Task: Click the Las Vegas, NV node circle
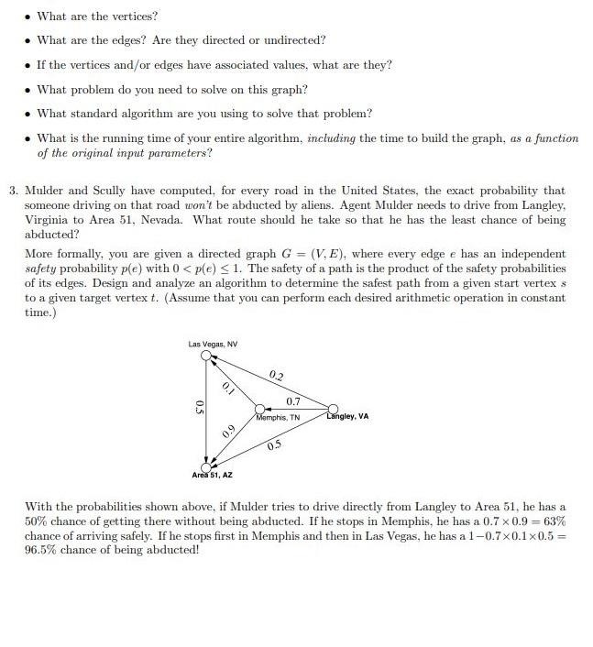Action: [x=207, y=355]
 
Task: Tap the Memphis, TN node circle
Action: [x=259, y=409]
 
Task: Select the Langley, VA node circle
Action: [x=333, y=409]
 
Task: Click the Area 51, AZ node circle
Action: [x=207, y=466]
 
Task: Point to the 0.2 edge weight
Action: [x=277, y=377]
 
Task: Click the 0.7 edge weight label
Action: [x=293, y=401]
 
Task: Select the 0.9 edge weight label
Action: [x=228, y=432]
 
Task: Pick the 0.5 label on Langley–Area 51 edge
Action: [x=274, y=445]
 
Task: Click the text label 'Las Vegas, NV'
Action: [x=213, y=344]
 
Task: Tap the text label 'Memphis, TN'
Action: [x=279, y=418]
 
